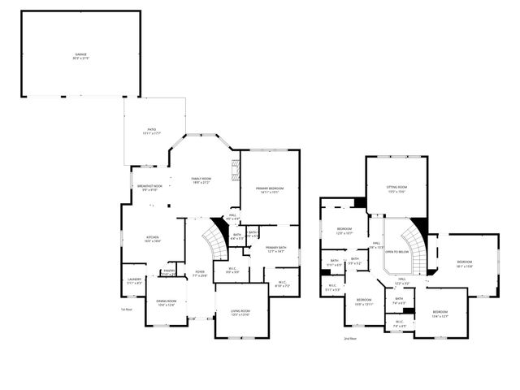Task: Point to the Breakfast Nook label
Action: click(x=149, y=188)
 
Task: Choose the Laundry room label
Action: click(x=134, y=281)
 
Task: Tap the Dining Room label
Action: click(x=166, y=304)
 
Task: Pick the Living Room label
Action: click(x=240, y=313)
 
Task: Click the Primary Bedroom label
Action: click(x=270, y=190)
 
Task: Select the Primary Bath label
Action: click(x=276, y=249)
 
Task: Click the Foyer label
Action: click(x=200, y=274)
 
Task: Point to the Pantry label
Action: click(x=169, y=272)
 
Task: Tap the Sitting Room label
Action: click(x=396, y=188)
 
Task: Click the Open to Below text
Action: click(x=396, y=252)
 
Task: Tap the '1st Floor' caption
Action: click(x=126, y=310)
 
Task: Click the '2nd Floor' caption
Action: click(x=349, y=338)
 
